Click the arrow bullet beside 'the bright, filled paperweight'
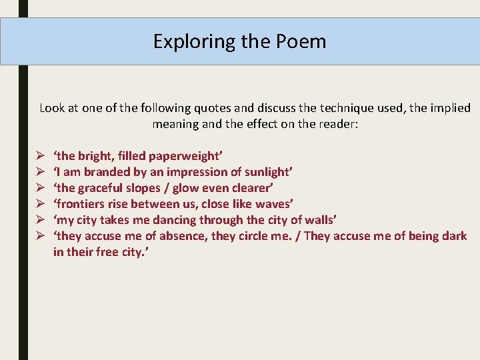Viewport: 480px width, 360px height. click(41, 156)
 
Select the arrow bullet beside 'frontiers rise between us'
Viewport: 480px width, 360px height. click(41, 204)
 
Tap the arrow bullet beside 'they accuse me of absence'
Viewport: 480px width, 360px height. click(41, 236)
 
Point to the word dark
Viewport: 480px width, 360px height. click(454, 236)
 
